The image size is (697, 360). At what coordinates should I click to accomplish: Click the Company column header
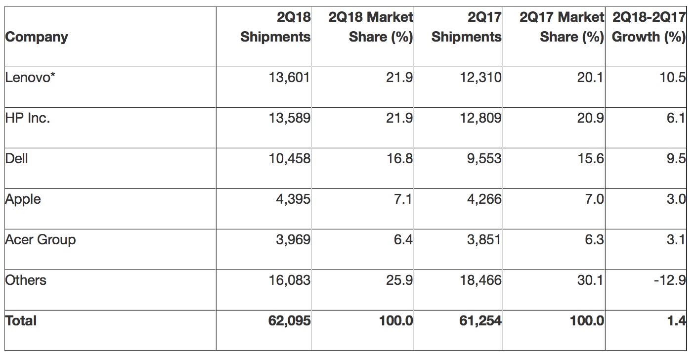[37, 37]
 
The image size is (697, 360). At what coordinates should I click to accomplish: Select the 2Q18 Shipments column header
[276, 28]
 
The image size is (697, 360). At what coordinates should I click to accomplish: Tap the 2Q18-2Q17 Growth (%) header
[649, 28]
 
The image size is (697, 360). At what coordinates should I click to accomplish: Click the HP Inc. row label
[28, 118]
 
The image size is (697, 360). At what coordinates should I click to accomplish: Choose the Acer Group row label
[41, 240]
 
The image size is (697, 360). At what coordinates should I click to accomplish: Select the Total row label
[21, 321]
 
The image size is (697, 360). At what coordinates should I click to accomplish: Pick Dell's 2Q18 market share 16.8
[401, 159]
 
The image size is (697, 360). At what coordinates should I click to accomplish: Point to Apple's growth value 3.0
[676, 199]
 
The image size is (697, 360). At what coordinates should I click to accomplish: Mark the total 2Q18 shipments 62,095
[289, 321]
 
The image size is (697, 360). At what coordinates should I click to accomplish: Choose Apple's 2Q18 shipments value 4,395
[293, 199]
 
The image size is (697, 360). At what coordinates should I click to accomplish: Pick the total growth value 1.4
[676, 321]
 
